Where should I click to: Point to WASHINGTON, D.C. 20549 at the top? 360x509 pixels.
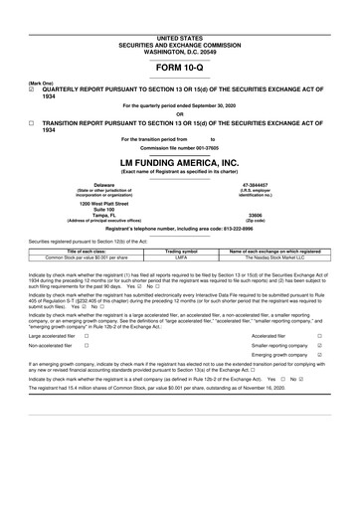[x=180, y=23]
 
